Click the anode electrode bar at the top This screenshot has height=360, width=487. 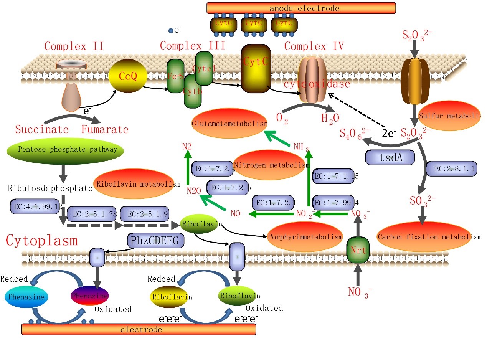pos(301,8)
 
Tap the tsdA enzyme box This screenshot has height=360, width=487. pos(390,157)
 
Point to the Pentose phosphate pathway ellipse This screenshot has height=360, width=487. pos(64,150)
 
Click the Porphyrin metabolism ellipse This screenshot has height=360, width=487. pos(305,237)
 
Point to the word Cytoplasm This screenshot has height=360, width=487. pos(41,241)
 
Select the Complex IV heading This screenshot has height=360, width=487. pos(314,47)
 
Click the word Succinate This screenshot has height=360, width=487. pos(42,129)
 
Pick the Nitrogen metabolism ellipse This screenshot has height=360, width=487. pos(271,165)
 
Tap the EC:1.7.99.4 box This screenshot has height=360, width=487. pos(333,202)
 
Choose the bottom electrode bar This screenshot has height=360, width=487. pos(139,329)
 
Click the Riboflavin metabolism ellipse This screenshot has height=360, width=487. pos(137,184)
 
